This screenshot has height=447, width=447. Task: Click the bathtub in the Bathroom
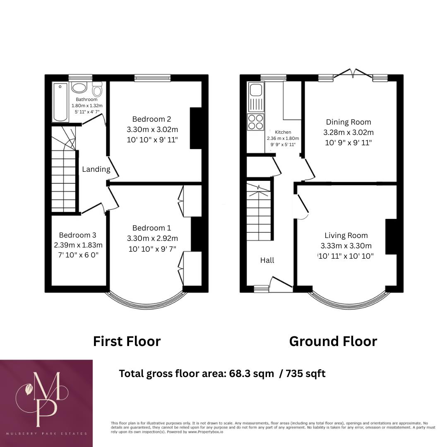[60, 102]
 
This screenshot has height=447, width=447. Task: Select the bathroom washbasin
[79, 87]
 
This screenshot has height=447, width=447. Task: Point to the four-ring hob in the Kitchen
[255, 122]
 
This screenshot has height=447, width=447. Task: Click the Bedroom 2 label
[152, 118]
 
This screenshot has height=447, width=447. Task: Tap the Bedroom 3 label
[78, 235]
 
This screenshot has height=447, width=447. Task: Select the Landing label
[96, 169]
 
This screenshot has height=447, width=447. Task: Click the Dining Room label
[348, 122]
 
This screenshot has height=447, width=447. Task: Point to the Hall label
[267, 260]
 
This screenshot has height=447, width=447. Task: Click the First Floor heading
[127, 341]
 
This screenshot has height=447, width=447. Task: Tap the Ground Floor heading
[333, 341]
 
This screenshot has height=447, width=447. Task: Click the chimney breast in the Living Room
[391, 236]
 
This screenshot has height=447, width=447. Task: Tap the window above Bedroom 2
[152, 78]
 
